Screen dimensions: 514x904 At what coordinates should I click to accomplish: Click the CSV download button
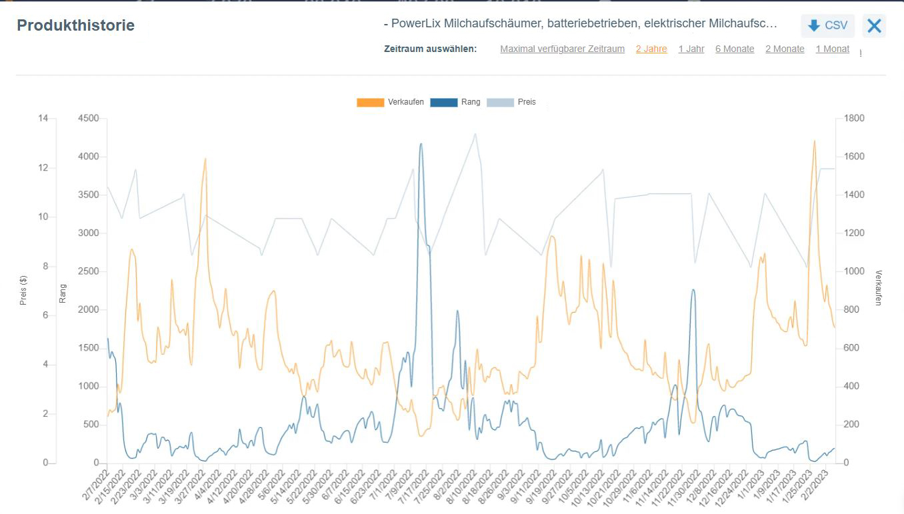pyautogui.click(x=827, y=25)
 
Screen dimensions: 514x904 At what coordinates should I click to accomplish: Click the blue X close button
pyautogui.click(x=874, y=25)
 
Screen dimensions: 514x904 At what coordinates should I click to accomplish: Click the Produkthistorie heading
pyautogui.click(x=75, y=25)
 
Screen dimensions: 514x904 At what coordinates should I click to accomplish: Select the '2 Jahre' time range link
pyautogui.click(x=651, y=49)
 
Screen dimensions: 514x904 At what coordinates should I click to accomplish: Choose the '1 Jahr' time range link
pyautogui.click(x=691, y=49)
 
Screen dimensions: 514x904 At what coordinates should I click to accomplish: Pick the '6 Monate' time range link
pyautogui.click(x=735, y=49)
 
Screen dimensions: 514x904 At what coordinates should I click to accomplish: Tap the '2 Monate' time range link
pyautogui.click(x=785, y=49)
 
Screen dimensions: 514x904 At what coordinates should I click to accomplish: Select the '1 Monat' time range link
pyautogui.click(x=833, y=49)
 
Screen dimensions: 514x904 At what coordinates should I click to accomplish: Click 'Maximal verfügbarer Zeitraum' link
pyautogui.click(x=562, y=49)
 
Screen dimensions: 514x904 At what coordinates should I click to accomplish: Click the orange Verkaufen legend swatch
pyautogui.click(x=371, y=102)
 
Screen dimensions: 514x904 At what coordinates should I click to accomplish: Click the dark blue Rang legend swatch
pyautogui.click(x=444, y=102)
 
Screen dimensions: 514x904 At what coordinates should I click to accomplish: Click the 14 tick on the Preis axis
pyautogui.click(x=43, y=119)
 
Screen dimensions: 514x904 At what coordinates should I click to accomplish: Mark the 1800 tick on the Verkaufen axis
pyautogui.click(x=854, y=119)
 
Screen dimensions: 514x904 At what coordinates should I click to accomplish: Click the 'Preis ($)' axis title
pyautogui.click(x=23, y=290)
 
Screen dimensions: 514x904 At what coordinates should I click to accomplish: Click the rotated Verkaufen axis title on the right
pyautogui.click(x=879, y=288)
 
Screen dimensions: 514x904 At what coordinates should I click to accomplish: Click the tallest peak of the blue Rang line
pyautogui.click(x=421, y=143)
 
